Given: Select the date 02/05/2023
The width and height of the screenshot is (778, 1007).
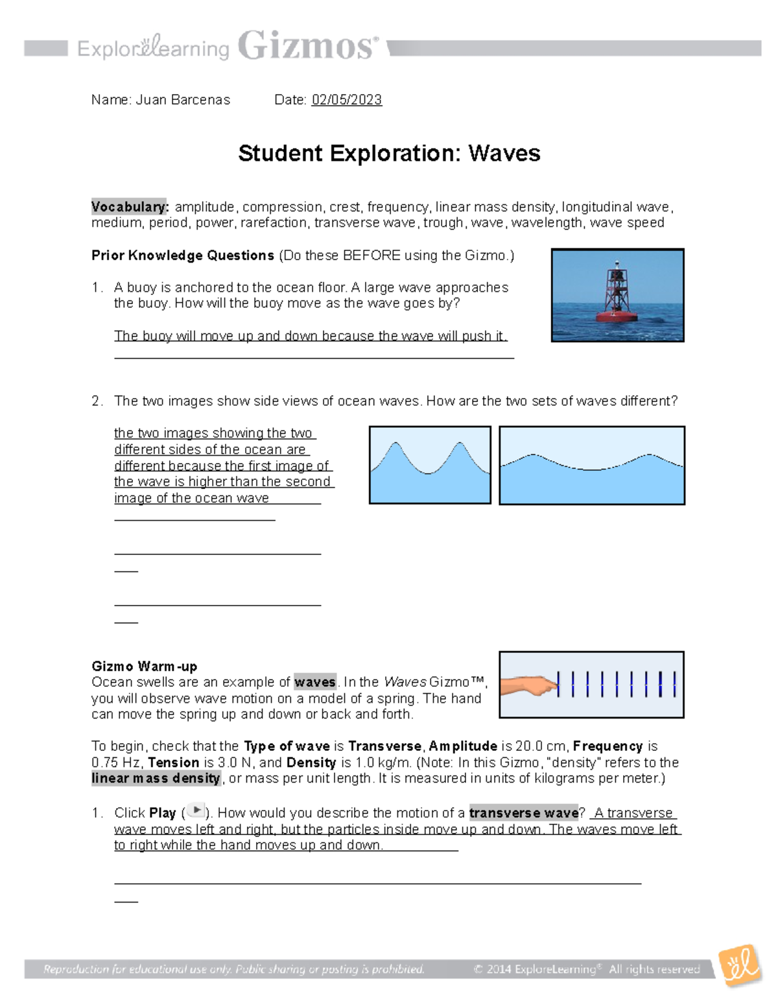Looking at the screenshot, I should point(346,100).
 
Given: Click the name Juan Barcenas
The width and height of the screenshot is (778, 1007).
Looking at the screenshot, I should point(183,100).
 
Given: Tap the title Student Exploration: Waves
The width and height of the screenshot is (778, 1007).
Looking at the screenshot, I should point(389,154).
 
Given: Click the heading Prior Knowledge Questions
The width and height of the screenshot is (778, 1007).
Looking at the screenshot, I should point(183,255).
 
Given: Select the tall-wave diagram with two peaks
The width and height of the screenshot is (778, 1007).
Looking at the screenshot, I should point(430,465).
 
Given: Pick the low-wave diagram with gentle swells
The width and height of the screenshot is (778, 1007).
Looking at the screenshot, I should point(591,465).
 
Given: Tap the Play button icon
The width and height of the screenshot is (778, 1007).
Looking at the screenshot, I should point(195,811).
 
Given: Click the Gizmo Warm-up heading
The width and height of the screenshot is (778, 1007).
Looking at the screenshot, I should point(144,666).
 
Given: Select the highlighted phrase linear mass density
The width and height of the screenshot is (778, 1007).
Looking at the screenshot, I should point(156,778).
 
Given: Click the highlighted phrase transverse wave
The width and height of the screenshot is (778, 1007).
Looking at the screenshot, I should point(523,812).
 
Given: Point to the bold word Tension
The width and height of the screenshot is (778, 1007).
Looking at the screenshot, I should point(174,763).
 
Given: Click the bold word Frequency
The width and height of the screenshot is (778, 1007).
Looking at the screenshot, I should point(607,746).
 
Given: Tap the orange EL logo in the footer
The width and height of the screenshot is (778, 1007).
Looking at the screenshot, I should point(740,966).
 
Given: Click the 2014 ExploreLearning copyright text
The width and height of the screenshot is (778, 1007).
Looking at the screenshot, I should point(587,969).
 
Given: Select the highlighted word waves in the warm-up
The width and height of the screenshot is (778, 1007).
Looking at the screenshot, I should point(315,682).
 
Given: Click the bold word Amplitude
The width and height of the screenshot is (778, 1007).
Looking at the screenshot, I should point(463,746).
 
